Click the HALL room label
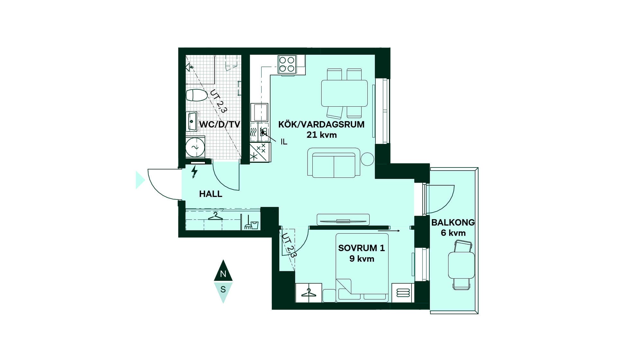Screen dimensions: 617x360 [210, 194]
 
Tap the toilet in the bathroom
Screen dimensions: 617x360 [197, 95]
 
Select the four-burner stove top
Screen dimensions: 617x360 [287, 64]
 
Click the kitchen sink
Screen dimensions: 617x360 [259, 112]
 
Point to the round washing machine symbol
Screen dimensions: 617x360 [195, 147]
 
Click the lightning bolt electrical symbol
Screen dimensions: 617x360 [194, 172]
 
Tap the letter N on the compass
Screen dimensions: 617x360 [223, 274]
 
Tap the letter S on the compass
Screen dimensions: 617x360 [223, 289]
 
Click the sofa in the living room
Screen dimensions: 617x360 [334, 163]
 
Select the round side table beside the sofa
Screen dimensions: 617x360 [367, 159]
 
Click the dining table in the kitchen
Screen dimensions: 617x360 [344, 93]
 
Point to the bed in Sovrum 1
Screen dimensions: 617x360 [362, 268]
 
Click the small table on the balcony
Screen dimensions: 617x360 [461, 265]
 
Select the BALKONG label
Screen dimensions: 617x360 [453, 222]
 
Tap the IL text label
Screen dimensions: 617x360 [284, 142]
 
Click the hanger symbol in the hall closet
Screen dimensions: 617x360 [215, 216]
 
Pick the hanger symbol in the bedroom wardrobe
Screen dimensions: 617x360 [308, 292]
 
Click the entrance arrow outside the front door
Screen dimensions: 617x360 [140, 180]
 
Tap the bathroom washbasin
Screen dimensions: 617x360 [192, 122]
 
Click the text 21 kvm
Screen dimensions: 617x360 [321, 135]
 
